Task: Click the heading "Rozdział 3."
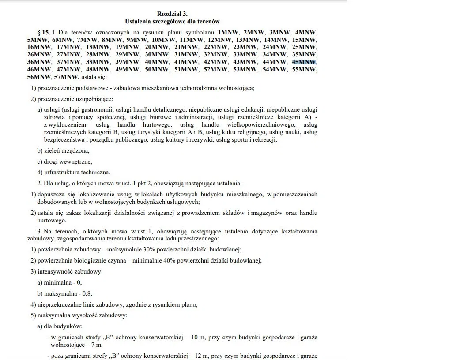[172, 14]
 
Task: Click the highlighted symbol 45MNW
[304, 62]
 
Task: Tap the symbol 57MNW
[66, 77]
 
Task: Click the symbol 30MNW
[157, 55]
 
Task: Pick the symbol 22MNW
[216, 47]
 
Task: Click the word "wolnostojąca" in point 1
[236, 88]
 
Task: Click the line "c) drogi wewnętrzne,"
[64, 161]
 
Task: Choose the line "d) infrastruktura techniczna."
[74, 172]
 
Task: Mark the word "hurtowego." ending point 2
[52, 221]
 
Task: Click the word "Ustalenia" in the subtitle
[138, 21]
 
